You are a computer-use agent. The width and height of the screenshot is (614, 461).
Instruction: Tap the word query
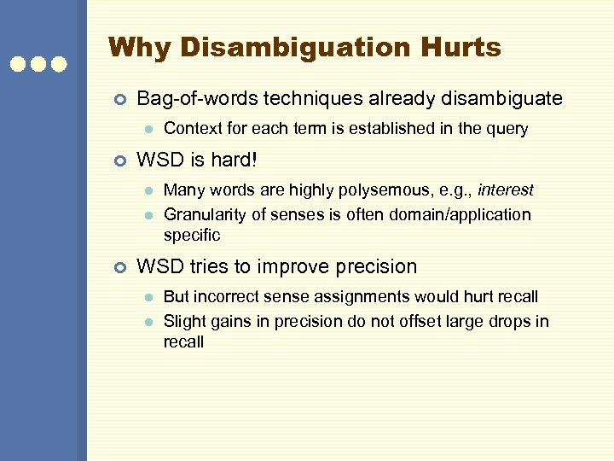pos(507,129)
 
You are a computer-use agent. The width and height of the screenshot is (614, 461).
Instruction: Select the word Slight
pos(183,322)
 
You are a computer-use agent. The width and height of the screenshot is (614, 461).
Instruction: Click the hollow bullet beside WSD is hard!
pos(119,160)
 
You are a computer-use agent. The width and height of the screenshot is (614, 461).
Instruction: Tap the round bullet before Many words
pos(148,190)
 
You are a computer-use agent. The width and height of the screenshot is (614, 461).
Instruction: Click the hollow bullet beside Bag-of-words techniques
pos(119,100)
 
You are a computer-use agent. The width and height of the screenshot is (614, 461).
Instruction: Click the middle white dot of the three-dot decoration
pos(38,63)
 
